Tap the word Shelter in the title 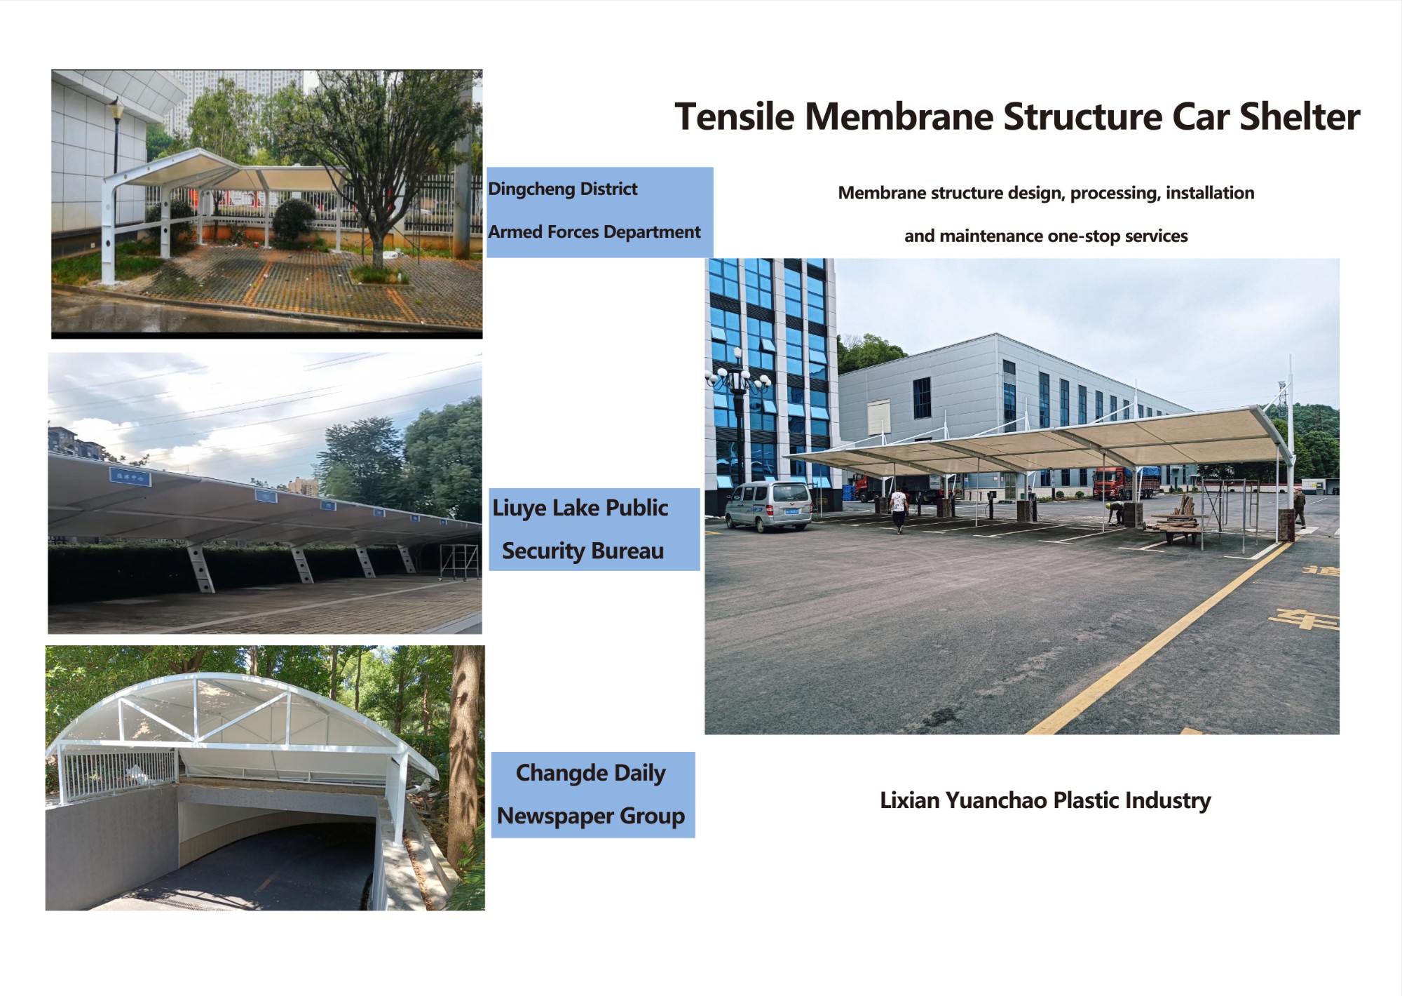[1300, 116]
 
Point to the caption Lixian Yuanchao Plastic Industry [1045, 800]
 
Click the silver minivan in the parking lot [769, 505]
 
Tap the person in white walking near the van [898, 509]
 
